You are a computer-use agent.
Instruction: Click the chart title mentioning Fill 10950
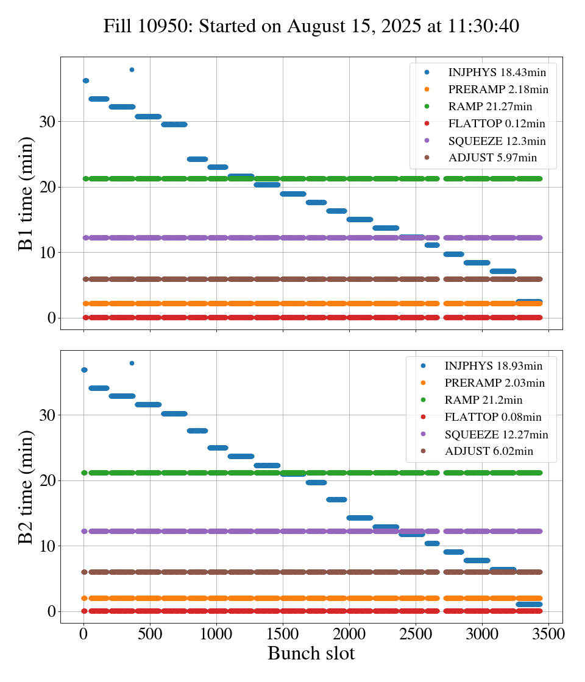pos(311,26)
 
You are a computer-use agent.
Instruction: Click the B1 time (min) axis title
pos(26,193)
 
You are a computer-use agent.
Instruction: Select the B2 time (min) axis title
pos(26,487)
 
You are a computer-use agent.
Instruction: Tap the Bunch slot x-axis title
pos(311,653)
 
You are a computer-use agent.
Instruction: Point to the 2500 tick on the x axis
pos(416,633)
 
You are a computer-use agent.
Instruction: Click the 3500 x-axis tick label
pos(548,633)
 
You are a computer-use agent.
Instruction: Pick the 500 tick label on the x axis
pos(150,633)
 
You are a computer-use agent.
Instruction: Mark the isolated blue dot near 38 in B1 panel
pos(132,69)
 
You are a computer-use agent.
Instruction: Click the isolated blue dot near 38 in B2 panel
pos(132,363)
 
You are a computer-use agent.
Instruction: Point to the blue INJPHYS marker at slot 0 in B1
pos(85,80)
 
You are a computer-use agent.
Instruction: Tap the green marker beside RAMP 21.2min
pos(423,400)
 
